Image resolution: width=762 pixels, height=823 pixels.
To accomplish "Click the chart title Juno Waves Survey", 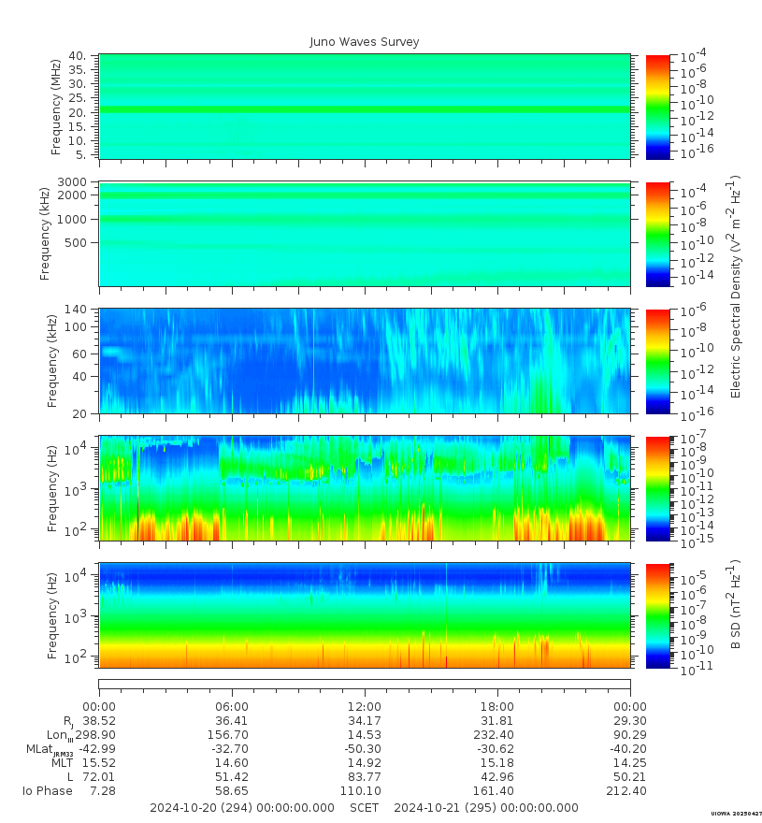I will coord(364,42).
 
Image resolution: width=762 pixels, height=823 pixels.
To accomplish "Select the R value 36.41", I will coord(232,722).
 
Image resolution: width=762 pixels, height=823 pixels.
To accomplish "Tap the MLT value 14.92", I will coord(365,764).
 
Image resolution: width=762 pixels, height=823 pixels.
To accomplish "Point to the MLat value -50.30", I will coord(365,750).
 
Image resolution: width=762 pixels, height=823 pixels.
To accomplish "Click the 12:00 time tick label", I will coord(365,707).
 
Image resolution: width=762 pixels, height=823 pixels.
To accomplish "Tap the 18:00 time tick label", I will coord(496,707).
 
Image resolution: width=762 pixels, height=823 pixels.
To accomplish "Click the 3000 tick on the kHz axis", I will coord(75,181).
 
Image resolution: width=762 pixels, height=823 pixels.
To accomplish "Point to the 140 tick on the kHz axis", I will coord(77,310).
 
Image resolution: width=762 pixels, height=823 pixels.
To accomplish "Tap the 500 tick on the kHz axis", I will coord(77,243).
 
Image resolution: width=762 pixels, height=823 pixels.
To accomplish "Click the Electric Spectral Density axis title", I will coord(736,286).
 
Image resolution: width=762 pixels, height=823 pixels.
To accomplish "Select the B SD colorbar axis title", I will coord(736,605).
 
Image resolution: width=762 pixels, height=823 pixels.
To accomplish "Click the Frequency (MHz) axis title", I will coord(56,106).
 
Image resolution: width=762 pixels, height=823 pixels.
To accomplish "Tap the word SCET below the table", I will coord(365,808).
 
